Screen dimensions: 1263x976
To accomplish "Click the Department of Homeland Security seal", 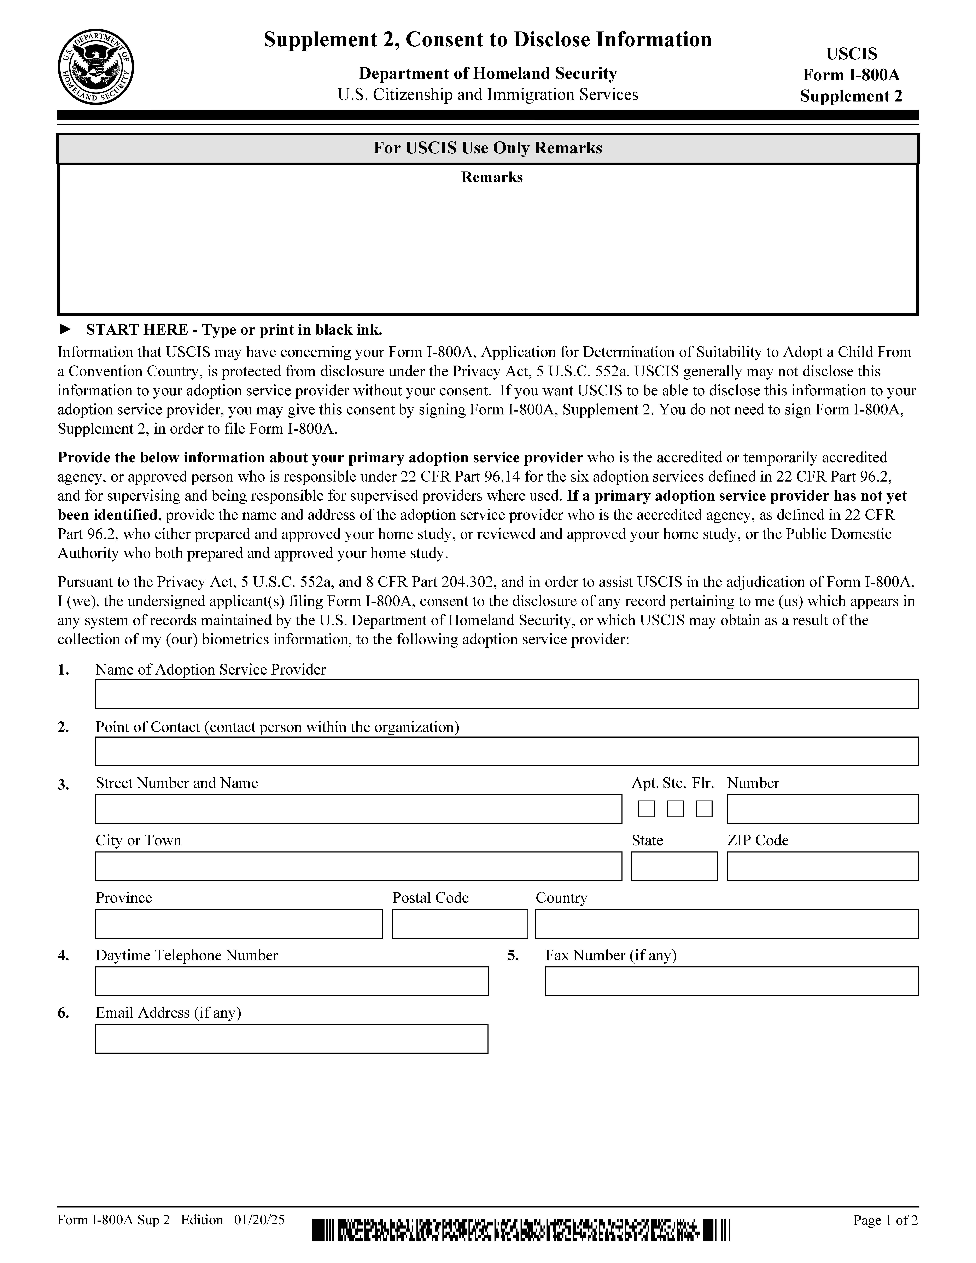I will [96, 67].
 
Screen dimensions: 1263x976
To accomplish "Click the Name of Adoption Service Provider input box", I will [507, 694].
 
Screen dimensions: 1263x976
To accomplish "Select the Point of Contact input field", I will [507, 751].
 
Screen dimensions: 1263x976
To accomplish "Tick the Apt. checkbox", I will [646, 809].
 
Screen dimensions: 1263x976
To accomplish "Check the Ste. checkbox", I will [675, 809].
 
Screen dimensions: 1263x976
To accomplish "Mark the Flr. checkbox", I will [704, 809].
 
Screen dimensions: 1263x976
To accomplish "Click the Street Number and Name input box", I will [358, 809].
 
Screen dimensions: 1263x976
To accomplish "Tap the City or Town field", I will [358, 866].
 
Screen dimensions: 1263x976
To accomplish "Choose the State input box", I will [674, 866].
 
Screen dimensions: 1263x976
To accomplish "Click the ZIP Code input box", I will [822, 866].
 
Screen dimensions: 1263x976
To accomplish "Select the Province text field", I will [239, 924].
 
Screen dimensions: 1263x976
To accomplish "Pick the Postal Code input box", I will [460, 924].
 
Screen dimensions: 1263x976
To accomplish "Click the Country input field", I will [727, 924].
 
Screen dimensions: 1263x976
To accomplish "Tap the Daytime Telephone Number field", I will [291, 981].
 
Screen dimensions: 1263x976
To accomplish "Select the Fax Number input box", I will [731, 981].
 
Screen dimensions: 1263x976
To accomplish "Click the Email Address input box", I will [291, 1039].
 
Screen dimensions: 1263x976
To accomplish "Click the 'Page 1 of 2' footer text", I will [885, 1220].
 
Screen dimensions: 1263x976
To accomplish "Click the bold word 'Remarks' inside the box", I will [491, 177].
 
